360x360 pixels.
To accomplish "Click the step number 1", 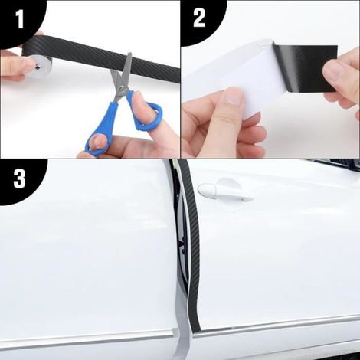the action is pos(20,19).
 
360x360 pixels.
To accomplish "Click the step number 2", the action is pos(199,18).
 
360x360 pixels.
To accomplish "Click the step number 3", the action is pos(19,178).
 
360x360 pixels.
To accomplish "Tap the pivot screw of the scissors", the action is pos(123,88).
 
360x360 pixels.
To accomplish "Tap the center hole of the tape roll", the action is pos(38,67).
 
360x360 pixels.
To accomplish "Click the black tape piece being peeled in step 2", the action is pos(306,68).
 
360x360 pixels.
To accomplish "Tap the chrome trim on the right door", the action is pos(277,324).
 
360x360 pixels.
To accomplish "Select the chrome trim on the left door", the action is pos(87,337).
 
